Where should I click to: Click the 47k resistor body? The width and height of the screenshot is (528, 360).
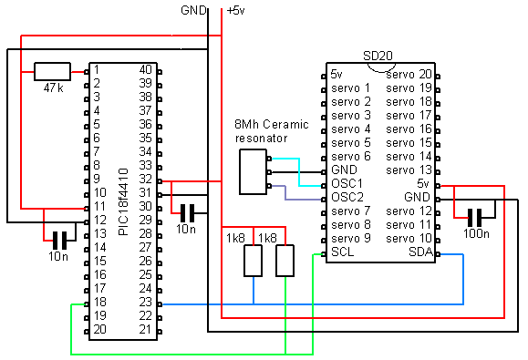(52, 71)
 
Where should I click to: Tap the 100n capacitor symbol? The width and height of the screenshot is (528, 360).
(474, 217)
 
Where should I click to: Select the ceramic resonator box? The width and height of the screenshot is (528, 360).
(253, 172)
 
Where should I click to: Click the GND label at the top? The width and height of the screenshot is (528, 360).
(193, 10)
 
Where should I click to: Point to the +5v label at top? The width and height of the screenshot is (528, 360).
(235, 11)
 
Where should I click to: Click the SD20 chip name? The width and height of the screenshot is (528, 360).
(378, 56)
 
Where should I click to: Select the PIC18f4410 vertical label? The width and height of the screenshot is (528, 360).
(124, 201)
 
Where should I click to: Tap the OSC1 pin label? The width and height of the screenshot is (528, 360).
(347, 183)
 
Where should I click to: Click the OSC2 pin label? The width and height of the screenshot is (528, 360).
(347, 197)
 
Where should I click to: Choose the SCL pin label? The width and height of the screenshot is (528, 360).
(343, 252)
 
